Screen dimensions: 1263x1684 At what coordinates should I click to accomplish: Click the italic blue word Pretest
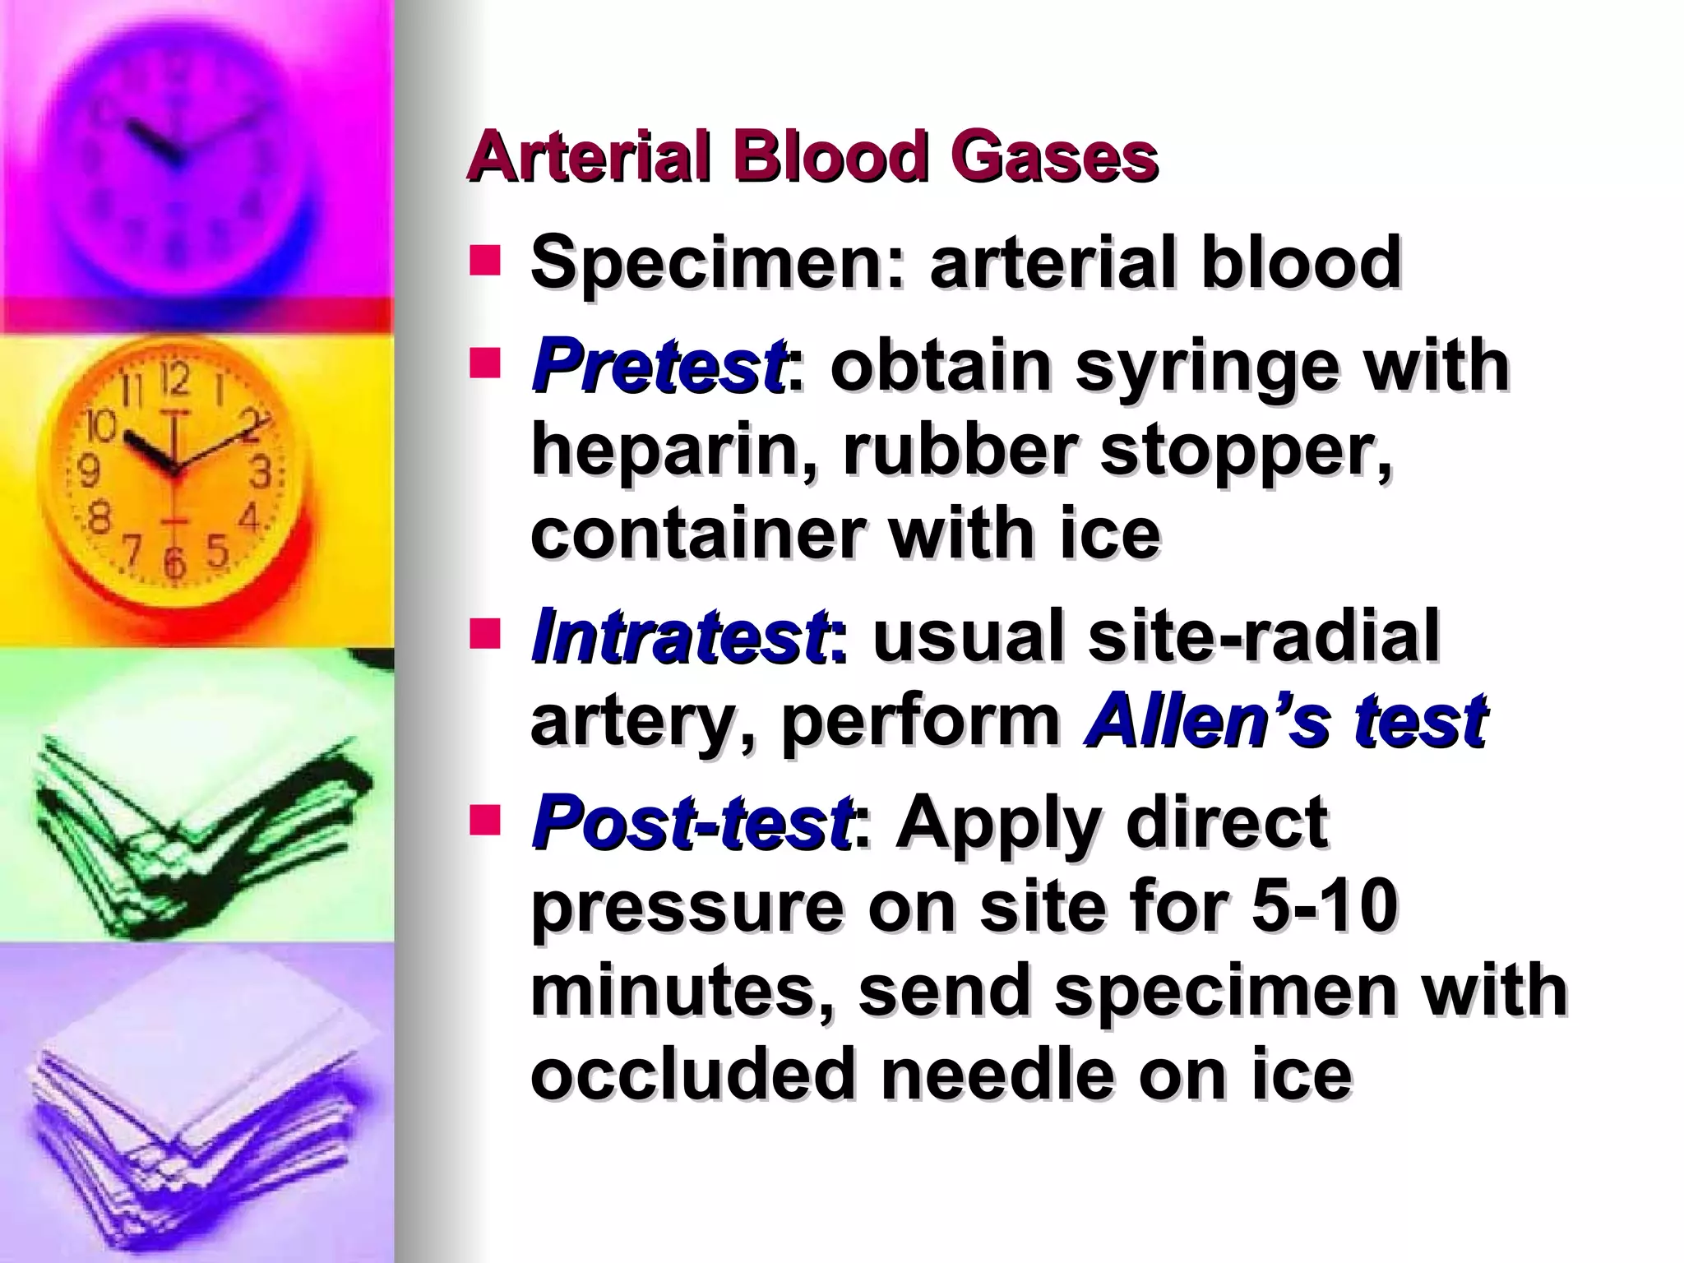click(x=658, y=367)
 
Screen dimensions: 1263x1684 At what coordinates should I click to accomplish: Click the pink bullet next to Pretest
click(x=484, y=363)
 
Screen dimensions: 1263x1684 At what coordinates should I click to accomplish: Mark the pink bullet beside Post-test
click(x=484, y=820)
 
